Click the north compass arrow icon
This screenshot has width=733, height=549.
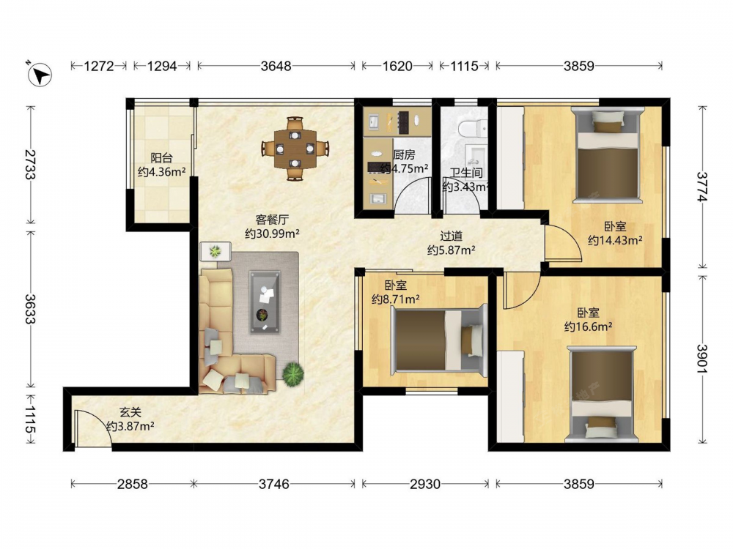pyautogui.click(x=40, y=75)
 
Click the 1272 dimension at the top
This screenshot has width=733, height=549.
pyautogui.click(x=99, y=66)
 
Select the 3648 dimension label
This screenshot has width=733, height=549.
pyautogui.click(x=276, y=66)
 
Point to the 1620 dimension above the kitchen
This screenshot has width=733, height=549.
pyautogui.click(x=397, y=66)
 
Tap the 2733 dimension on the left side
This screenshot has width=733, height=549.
pyautogui.click(x=30, y=164)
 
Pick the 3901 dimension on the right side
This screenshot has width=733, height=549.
pyautogui.click(x=702, y=359)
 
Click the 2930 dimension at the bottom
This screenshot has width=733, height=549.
pyautogui.click(x=425, y=484)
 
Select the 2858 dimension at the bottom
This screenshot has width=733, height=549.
pyautogui.click(x=132, y=484)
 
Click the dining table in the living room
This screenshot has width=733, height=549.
pyautogui.click(x=295, y=149)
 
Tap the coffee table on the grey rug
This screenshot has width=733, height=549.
pyautogui.click(x=265, y=302)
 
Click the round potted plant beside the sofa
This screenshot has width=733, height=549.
pyautogui.click(x=293, y=373)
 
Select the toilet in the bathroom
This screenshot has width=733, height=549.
pyautogui.click(x=472, y=127)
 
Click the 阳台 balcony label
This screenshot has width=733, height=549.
pyautogui.click(x=161, y=158)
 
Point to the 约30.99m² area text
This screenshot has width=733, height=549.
pyautogui.click(x=272, y=234)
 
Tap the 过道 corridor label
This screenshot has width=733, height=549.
pyautogui.click(x=451, y=236)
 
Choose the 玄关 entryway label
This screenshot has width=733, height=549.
pyautogui.click(x=130, y=412)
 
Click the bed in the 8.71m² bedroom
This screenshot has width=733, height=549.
pyautogui.click(x=439, y=340)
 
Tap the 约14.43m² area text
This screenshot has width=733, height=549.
pyautogui.click(x=615, y=240)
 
